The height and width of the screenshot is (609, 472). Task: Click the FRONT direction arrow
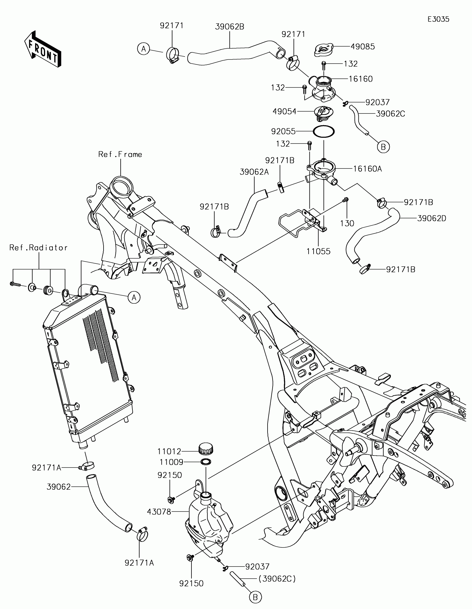(43, 49)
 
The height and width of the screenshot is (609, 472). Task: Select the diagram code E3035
(439, 19)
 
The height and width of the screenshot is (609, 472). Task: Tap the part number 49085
(363, 47)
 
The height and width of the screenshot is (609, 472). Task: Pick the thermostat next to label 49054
(324, 113)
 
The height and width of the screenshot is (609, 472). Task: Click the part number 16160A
(367, 169)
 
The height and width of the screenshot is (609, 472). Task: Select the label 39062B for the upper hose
(230, 27)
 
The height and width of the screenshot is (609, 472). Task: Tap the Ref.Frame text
(120, 154)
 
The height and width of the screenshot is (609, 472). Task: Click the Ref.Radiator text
(38, 247)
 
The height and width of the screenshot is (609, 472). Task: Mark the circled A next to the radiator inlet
(134, 298)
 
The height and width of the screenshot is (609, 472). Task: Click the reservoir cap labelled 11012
(206, 457)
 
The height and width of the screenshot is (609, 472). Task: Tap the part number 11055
(318, 251)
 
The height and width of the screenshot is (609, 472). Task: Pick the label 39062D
(432, 218)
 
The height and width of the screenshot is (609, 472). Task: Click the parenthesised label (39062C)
(277, 579)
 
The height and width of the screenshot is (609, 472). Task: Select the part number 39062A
(254, 172)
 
